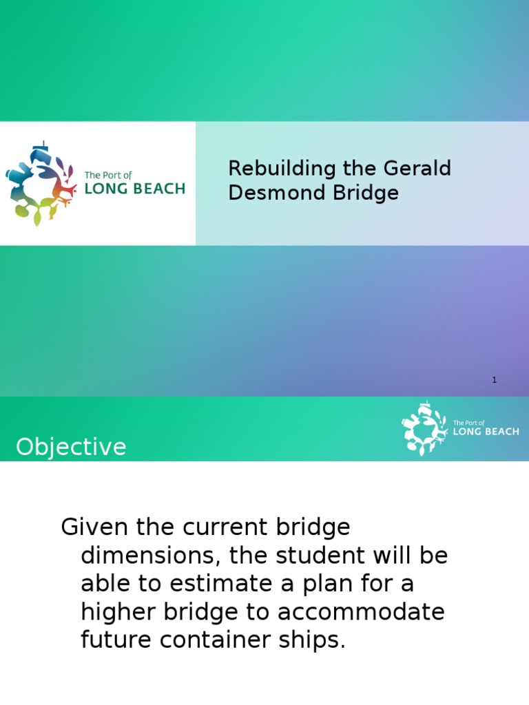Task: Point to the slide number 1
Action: pyautogui.click(x=495, y=379)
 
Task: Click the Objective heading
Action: pyautogui.click(x=72, y=448)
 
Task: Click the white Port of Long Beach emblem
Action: pyautogui.click(x=424, y=430)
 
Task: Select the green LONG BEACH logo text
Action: pyautogui.click(x=134, y=189)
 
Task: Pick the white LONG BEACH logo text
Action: pyautogui.click(x=486, y=432)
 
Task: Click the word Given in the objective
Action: pyautogui.click(x=95, y=528)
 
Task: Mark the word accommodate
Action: pyautogui.click(x=362, y=612)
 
